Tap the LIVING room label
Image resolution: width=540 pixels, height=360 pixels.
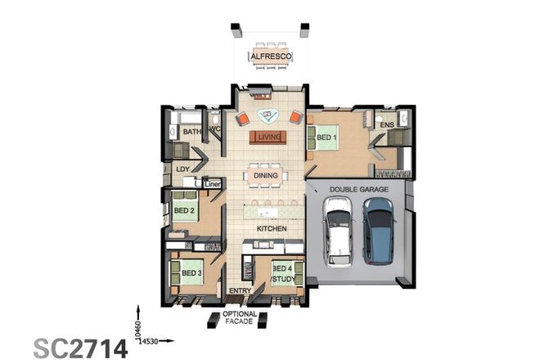(x=268, y=137)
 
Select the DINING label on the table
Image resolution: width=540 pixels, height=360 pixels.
(x=265, y=175)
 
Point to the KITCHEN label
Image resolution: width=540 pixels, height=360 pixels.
(x=270, y=228)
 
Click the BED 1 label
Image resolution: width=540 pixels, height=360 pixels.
(x=326, y=137)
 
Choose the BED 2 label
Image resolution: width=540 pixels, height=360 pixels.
(x=183, y=210)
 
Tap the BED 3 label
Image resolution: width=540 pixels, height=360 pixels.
(x=191, y=272)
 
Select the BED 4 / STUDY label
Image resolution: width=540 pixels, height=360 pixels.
(x=282, y=272)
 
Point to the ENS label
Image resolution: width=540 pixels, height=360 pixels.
(x=387, y=125)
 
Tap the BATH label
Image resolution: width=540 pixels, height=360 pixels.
(x=191, y=131)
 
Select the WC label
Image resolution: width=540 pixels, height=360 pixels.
(x=216, y=129)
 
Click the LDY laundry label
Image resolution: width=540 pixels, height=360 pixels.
(x=183, y=169)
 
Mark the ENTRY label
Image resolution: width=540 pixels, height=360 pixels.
(x=240, y=290)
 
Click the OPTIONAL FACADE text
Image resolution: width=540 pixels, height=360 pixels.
(x=240, y=318)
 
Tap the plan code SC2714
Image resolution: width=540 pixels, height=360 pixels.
(x=80, y=346)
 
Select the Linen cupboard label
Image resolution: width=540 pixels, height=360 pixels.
(x=213, y=184)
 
